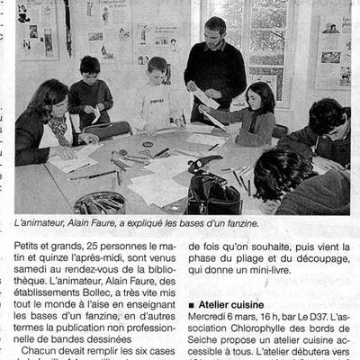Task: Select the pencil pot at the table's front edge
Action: [x=99, y=202]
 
